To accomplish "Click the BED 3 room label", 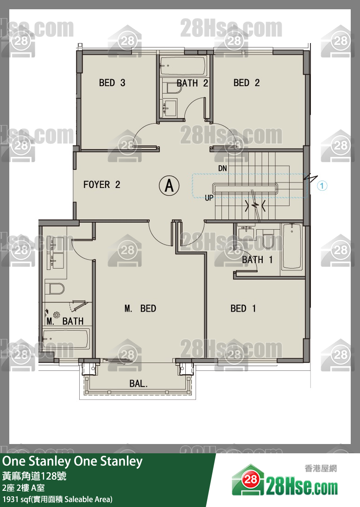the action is tap(112, 83).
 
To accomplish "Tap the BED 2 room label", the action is tap(246, 83).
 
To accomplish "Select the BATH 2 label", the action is tap(192, 83).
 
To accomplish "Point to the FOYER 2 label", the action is tap(101, 185).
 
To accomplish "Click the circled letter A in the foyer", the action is tap(169, 186).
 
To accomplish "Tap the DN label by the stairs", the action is tap(222, 168).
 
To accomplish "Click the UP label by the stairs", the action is tap(209, 198).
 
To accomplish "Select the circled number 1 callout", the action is tap(322, 186).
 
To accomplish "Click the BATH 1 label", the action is tap(258, 260).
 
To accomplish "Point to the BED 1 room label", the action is tap(243, 308).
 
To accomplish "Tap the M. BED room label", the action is tap(140, 308).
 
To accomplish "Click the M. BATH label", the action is tap(65, 321).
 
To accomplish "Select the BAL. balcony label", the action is tap(139, 384).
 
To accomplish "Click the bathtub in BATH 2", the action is tap(183, 66).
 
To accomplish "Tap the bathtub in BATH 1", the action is tap(292, 246).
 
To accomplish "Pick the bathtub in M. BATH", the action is tap(66, 339).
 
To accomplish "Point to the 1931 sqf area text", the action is tap(57, 499).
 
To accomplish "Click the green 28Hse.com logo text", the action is tap(302, 487).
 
